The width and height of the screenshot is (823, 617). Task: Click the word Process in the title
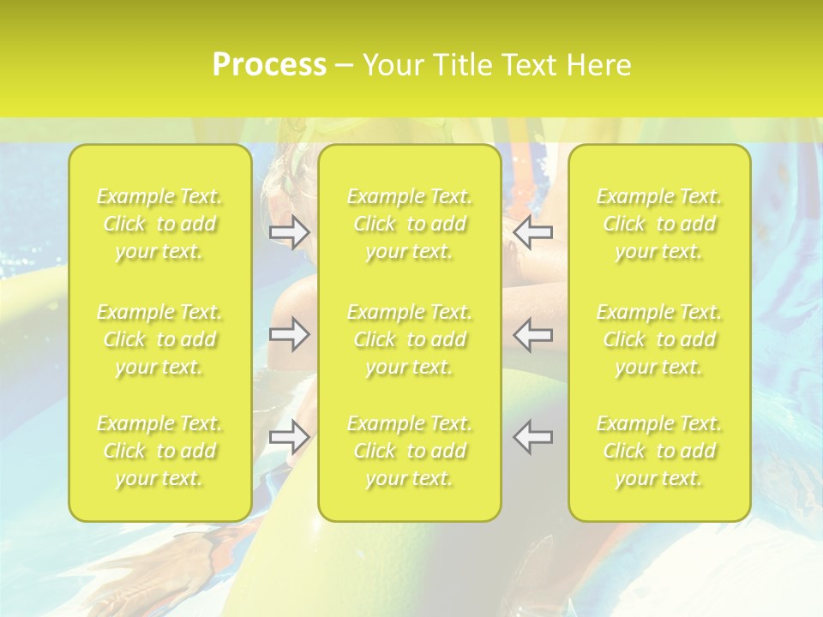click(x=269, y=64)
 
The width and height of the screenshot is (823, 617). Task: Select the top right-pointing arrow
click(x=289, y=231)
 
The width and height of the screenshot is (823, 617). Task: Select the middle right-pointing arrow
click(x=289, y=334)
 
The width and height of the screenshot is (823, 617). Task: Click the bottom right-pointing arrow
click(x=289, y=437)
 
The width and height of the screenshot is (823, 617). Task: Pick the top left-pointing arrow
click(x=533, y=231)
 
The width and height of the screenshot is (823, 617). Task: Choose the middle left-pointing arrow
click(x=533, y=334)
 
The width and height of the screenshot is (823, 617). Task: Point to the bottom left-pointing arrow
click(x=533, y=437)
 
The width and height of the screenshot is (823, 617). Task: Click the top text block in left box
click(x=159, y=224)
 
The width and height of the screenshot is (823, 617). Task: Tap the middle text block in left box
click(x=159, y=339)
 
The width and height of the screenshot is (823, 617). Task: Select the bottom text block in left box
click(x=159, y=451)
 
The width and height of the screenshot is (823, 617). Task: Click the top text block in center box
click(x=409, y=224)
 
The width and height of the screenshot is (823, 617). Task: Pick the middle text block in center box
click(x=409, y=339)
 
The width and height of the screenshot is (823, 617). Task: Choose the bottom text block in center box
click(x=409, y=451)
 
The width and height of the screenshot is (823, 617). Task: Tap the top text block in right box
click(x=659, y=224)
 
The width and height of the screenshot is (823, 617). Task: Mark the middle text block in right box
click(x=659, y=339)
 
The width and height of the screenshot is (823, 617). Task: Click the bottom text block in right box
click(x=659, y=451)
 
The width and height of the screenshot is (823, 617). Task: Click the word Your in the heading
click(x=392, y=64)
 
